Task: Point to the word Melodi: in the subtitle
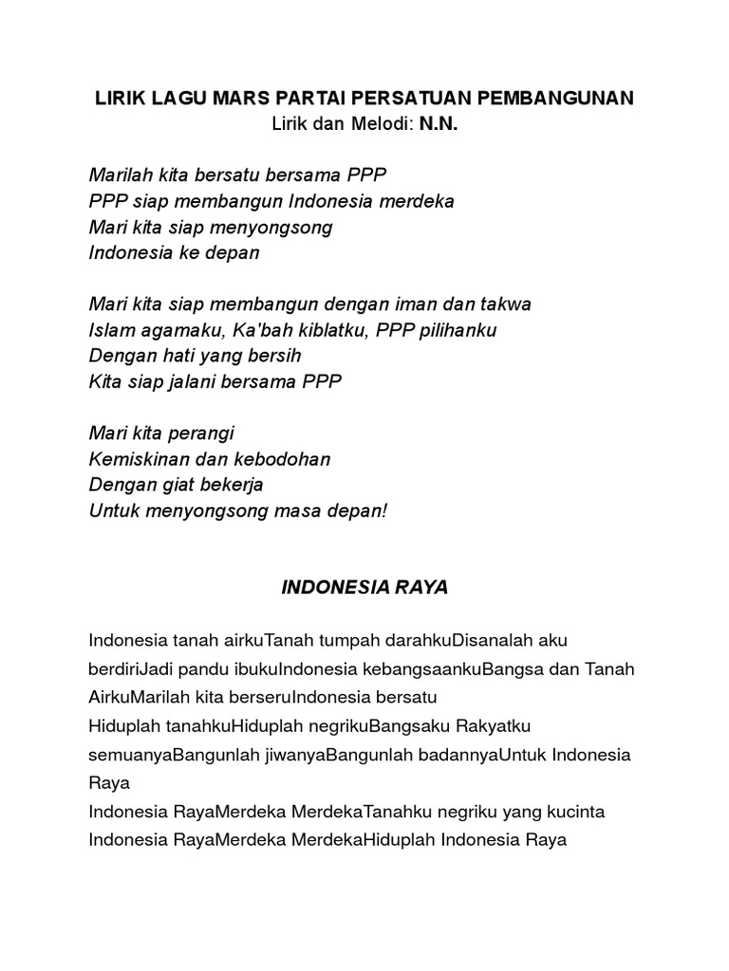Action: click(x=375, y=123)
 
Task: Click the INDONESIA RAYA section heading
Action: click(x=364, y=588)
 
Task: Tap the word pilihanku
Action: click(x=457, y=330)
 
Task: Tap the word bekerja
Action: click(x=231, y=485)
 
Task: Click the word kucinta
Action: click(x=574, y=812)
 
